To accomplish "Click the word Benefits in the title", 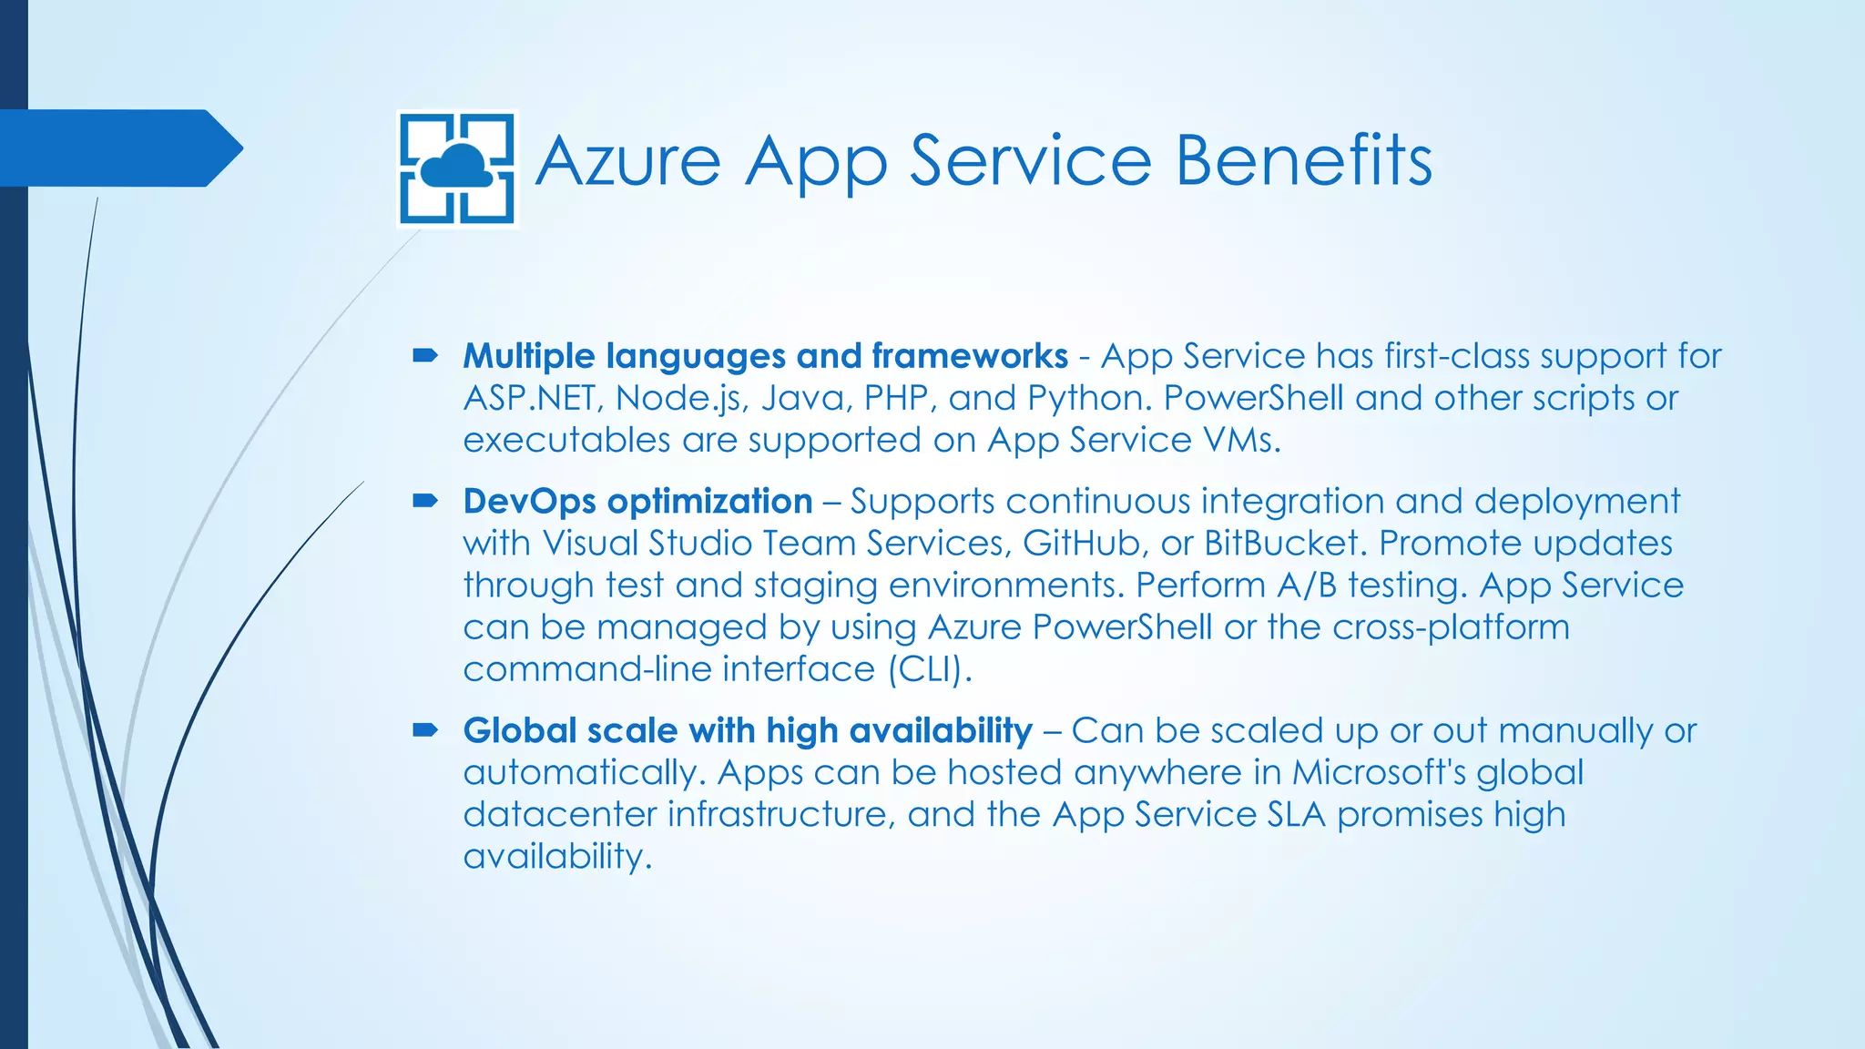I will (1304, 161).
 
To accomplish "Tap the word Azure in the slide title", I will (627, 161).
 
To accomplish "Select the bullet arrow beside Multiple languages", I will (425, 355).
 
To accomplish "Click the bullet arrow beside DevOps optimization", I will (425, 501).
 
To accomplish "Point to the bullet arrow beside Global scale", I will (425, 730).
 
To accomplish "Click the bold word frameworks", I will (969, 356).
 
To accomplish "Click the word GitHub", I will (1081, 544).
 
